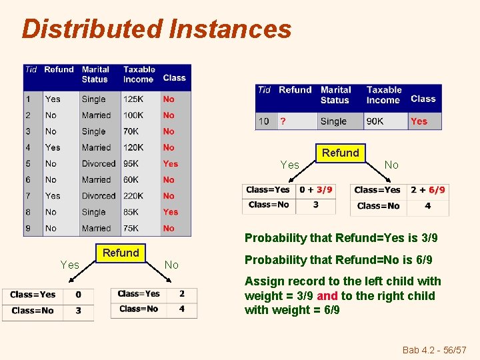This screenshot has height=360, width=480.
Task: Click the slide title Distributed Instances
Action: tap(157, 29)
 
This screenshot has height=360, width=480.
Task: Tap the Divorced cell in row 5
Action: tap(99, 164)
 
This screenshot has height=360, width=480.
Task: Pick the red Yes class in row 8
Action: tap(171, 212)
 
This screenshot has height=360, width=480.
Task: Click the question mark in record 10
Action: tap(282, 121)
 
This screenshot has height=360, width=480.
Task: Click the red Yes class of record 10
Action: tap(419, 121)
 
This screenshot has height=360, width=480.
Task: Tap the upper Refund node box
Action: tap(340, 153)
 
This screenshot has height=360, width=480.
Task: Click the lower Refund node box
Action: tap(121, 253)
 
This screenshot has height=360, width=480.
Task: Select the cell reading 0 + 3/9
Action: tap(316, 190)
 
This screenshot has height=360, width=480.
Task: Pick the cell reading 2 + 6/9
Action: tap(427, 190)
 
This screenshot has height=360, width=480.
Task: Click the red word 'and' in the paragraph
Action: tap(327, 296)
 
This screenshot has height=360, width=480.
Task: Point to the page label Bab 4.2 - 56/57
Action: tap(435, 350)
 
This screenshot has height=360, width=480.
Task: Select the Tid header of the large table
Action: tap(31, 69)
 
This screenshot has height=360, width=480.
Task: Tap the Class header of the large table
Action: tap(174, 78)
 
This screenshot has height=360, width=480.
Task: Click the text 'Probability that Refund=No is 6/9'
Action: tap(339, 260)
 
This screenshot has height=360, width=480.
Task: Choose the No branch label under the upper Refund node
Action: tap(391, 165)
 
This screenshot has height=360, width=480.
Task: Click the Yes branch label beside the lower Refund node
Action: tap(70, 265)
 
